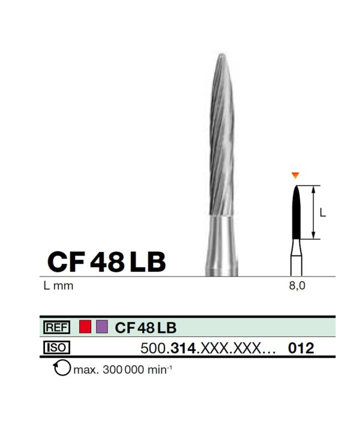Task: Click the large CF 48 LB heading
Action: [106, 261]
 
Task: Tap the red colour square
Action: [85, 327]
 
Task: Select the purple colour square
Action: [102, 327]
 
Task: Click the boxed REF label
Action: [56, 327]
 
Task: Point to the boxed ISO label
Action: [56, 347]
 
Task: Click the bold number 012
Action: [301, 348]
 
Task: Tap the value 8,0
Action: [297, 286]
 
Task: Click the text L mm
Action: [58, 285]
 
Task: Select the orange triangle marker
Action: [295, 176]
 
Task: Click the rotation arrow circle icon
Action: [62, 368]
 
